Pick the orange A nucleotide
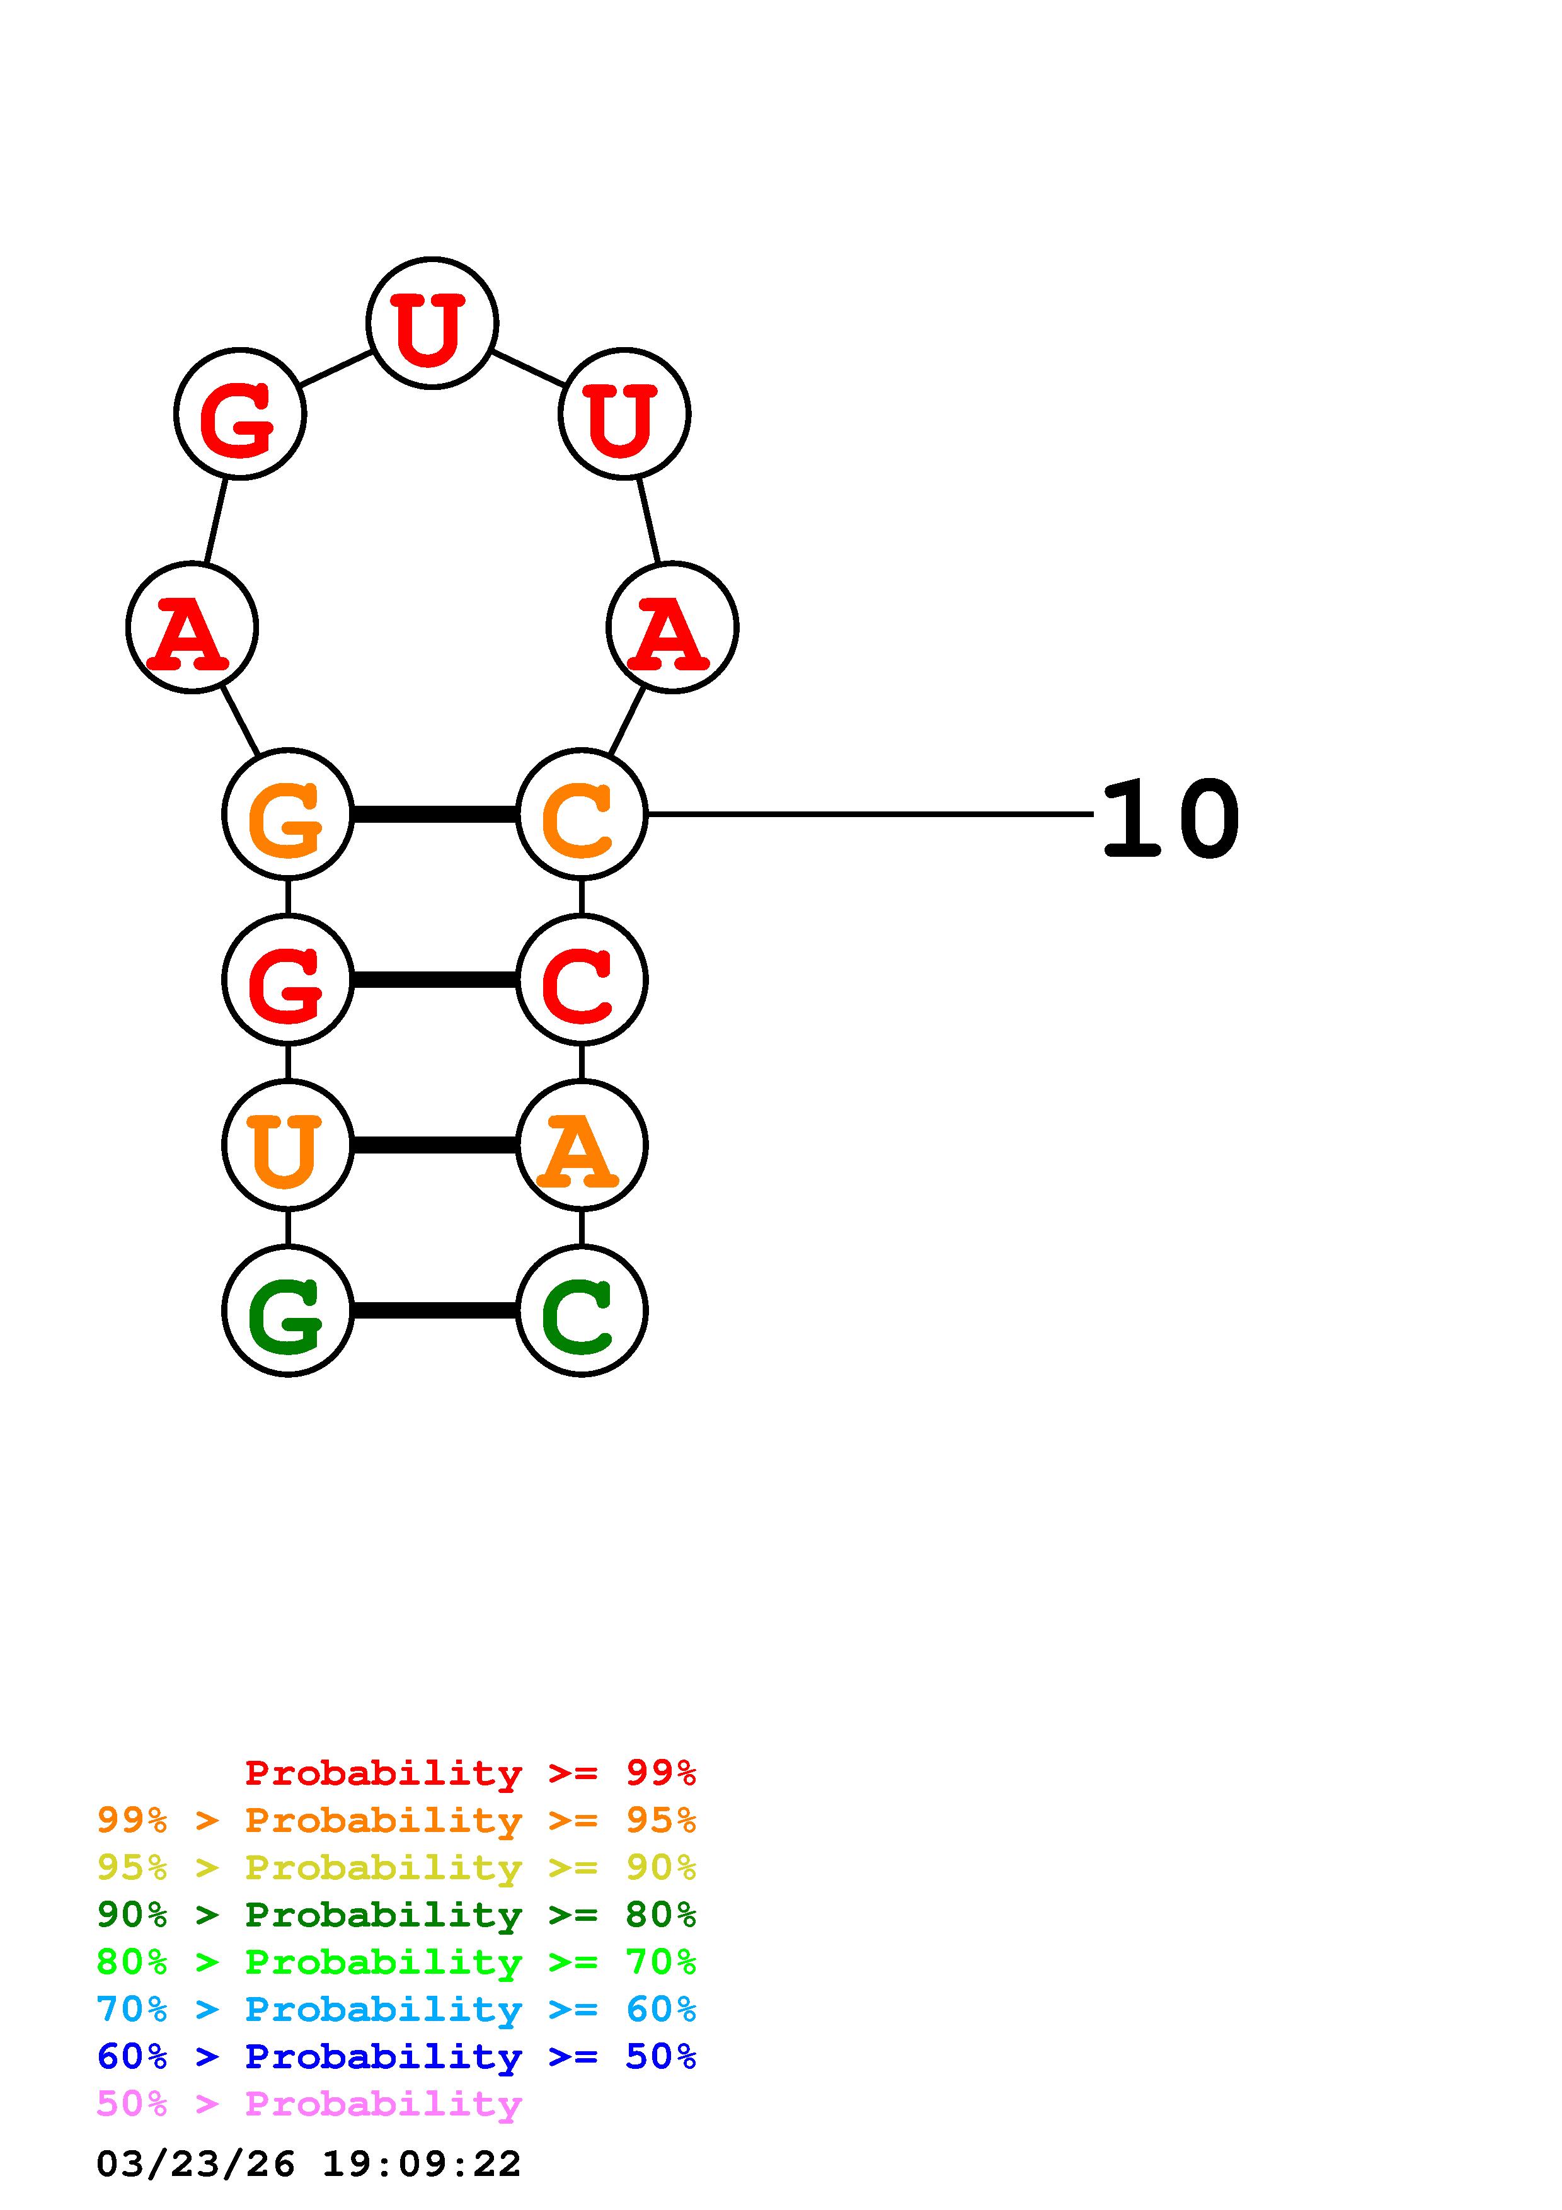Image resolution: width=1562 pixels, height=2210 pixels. click(x=582, y=1145)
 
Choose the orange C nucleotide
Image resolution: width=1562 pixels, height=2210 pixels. click(x=582, y=815)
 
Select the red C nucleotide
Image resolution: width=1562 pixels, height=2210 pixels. click(x=582, y=979)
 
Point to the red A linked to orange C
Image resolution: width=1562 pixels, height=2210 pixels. click(x=672, y=627)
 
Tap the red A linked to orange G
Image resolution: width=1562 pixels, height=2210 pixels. click(x=192, y=627)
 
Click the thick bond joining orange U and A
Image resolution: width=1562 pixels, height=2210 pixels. click(x=434, y=1145)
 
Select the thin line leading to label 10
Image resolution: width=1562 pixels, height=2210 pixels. click(x=866, y=815)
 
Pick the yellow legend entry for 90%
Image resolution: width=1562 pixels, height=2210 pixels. click(x=396, y=1867)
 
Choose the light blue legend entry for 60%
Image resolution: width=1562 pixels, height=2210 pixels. click(x=396, y=2009)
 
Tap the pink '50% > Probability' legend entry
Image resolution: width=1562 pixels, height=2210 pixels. click(x=308, y=2103)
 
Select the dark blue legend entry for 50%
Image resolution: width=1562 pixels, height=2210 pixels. click(x=396, y=2056)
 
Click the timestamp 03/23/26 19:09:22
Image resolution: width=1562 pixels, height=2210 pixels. click(x=308, y=2164)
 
